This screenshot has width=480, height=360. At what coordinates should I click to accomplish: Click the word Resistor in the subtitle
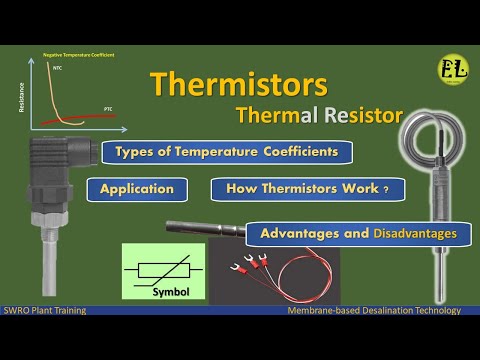[345, 117]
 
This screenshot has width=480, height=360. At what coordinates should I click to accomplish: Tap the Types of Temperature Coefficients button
[227, 153]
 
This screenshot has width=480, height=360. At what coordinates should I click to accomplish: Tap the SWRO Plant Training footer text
[44, 311]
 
